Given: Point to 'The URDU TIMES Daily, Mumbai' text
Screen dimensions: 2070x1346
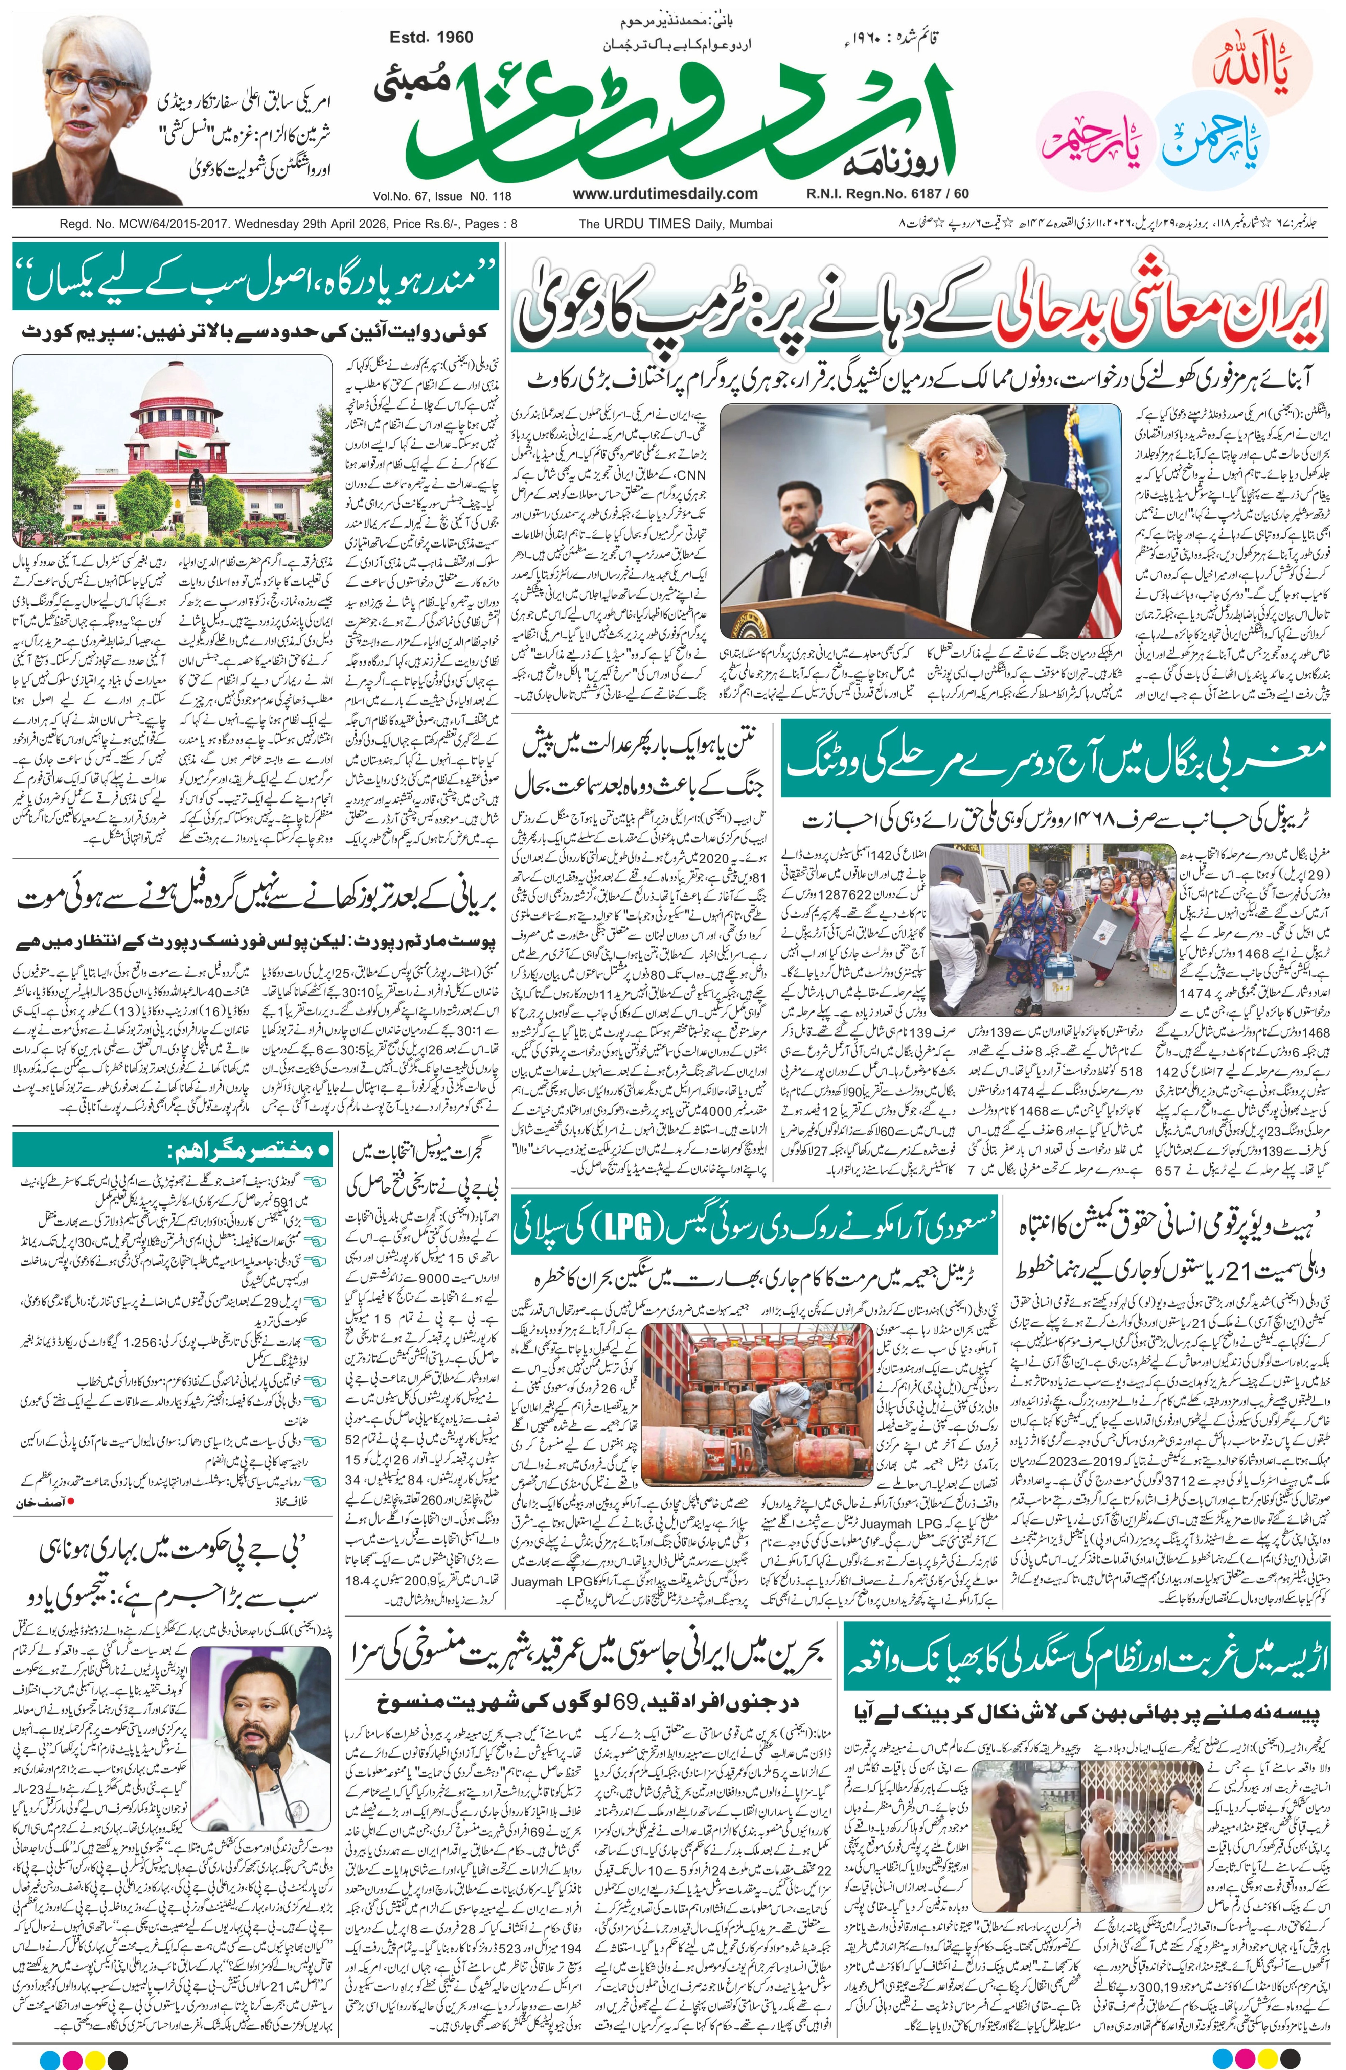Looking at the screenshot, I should (x=675, y=224).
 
